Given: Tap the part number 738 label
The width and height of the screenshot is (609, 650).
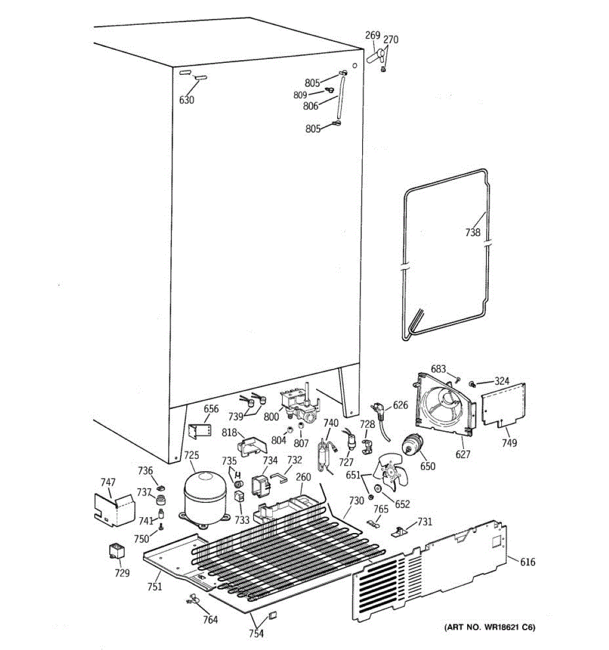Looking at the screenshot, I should point(473,232).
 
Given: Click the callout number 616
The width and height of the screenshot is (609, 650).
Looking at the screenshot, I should point(527,562).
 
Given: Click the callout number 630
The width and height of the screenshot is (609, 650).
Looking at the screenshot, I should point(186,100).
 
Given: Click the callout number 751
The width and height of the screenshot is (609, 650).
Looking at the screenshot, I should point(155,586).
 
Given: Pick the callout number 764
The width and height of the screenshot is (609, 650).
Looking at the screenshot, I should point(210,620).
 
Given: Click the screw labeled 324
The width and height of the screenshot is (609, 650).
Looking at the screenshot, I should point(472,384).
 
